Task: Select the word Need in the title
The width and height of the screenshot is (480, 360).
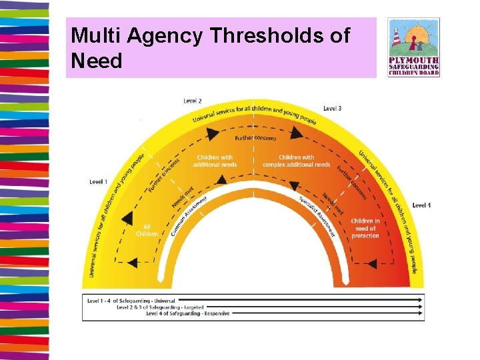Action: [97, 61]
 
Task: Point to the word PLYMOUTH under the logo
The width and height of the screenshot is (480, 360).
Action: [413, 61]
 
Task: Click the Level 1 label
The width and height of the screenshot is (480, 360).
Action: [98, 182]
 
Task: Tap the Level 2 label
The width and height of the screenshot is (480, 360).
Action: [193, 101]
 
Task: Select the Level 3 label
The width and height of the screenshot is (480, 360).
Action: [333, 108]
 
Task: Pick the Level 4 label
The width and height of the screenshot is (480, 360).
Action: [421, 205]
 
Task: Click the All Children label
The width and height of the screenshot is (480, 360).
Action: [147, 230]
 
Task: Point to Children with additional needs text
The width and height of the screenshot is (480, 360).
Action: [215, 161]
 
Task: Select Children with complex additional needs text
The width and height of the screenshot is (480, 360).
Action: [296, 161]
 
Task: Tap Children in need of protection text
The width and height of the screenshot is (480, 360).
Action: [365, 228]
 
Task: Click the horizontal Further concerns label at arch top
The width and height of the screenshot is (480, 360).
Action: [255, 138]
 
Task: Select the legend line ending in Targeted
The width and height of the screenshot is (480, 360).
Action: [160, 307]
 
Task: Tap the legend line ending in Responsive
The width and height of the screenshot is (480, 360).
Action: [188, 313]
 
